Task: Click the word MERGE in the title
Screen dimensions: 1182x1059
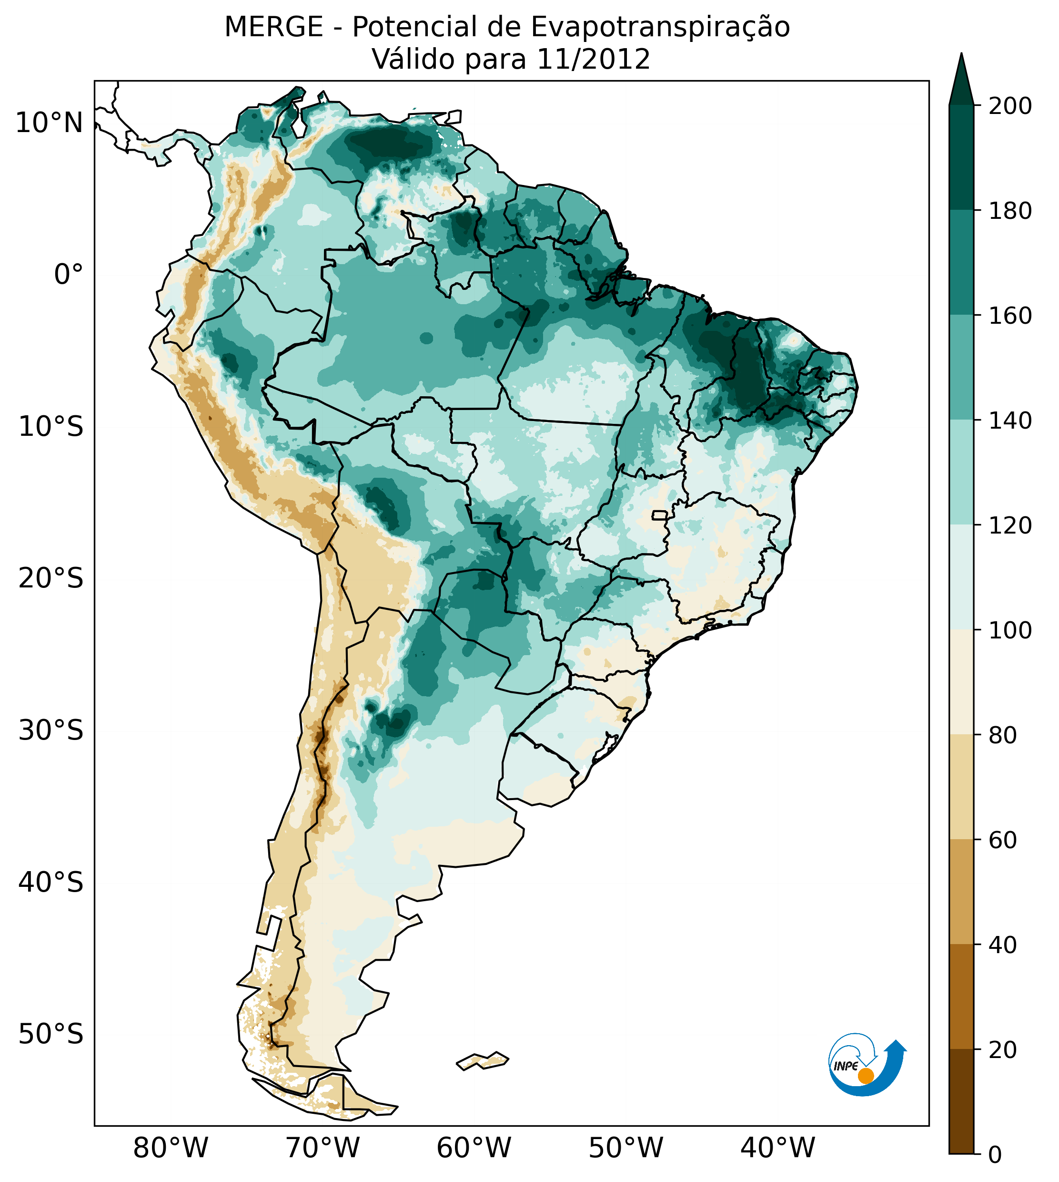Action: tap(273, 27)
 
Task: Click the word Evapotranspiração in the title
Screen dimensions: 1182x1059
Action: tap(660, 27)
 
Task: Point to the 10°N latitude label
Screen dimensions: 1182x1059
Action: tap(50, 123)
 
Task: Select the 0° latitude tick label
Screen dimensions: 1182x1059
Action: tap(68, 275)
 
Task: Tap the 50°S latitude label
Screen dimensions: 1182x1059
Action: tap(51, 1035)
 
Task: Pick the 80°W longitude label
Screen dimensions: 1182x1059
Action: tap(171, 1148)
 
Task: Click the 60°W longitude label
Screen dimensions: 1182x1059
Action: tap(474, 1148)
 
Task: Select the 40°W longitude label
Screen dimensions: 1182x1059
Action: tap(778, 1148)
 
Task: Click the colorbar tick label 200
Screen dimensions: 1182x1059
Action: tap(1010, 106)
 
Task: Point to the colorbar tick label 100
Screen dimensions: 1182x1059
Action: tap(1010, 631)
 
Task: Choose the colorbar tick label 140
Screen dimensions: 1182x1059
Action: tap(1010, 421)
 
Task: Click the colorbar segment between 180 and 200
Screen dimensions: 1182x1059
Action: tap(961, 157)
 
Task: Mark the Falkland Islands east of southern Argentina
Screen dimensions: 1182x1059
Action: tap(483, 1061)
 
